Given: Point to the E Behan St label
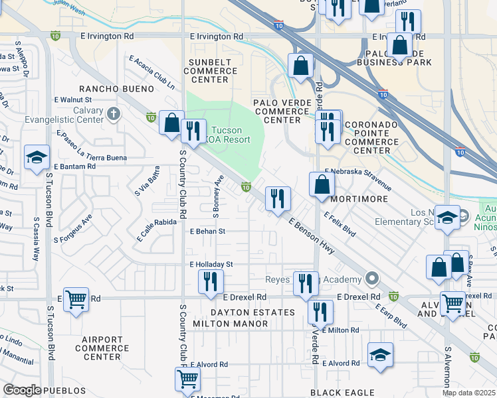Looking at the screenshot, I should click(x=208, y=232).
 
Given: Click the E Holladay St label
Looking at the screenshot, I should click(x=211, y=264).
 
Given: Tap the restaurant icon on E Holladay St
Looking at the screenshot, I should click(x=211, y=281).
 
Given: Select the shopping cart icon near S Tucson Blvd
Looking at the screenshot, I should click(x=76, y=300).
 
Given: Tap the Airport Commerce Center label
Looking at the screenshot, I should click(x=102, y=348).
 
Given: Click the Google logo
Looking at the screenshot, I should click(x=23, y=390).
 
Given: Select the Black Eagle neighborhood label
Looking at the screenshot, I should click(x=344, y=393).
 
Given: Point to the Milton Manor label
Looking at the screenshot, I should click(x=230, y=324).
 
